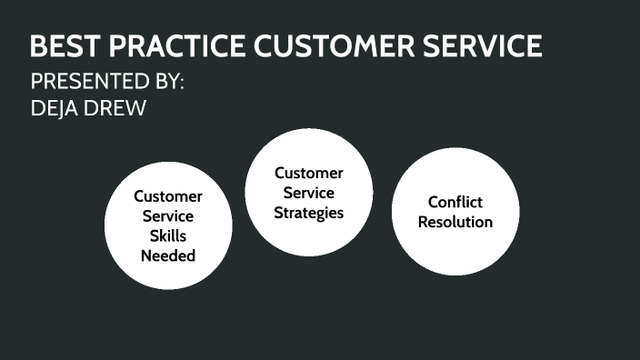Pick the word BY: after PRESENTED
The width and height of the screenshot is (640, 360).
(x=165, y=81)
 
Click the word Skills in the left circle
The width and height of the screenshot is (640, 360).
(x=168, y=235)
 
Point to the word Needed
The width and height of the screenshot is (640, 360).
(x=168, y=255)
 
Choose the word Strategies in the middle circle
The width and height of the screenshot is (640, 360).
(x=309, y=213)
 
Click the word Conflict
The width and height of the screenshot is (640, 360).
(x=455, y=202)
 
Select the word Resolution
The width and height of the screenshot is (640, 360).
(x=455, y=222)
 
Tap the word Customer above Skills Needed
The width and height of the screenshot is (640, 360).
(x=168, y=195)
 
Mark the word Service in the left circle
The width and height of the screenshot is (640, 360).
(x=168, y=215)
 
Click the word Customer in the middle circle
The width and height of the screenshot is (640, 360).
(x=309, y=173)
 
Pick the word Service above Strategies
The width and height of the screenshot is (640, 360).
(x=309, y=193)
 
